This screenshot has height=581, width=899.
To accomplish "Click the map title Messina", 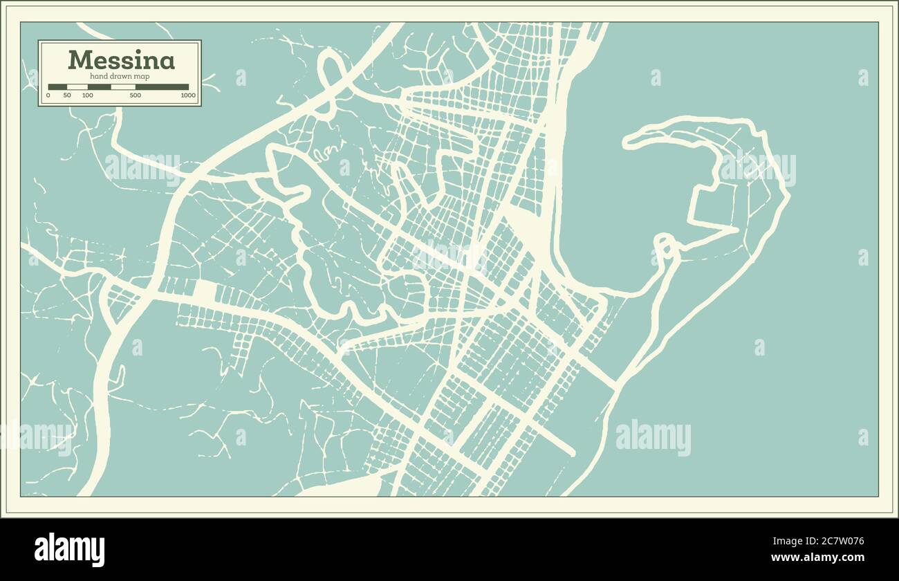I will tap(121, 60).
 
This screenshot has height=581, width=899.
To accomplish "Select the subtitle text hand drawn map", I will tap(120, 76).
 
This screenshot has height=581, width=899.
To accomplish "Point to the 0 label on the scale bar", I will tap(48, 95).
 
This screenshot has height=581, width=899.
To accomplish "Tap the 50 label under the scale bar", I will tap(67, 95).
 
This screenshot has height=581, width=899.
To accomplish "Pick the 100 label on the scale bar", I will tap(88, 95).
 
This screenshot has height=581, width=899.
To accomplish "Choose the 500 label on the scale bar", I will tap(136, 95).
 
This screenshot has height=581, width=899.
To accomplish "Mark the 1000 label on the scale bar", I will tap(188, 95).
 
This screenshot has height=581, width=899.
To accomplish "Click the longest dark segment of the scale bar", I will tap(162, 87).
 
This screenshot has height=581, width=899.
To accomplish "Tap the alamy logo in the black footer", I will tap(69, 549).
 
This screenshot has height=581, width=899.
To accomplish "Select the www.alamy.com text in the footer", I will tap(817, 557).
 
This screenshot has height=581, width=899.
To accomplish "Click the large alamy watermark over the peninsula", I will tap(757, 168).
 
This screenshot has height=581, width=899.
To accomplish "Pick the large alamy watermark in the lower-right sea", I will tap(653, 437).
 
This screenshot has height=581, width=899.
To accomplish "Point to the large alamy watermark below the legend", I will tap(142, 167).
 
